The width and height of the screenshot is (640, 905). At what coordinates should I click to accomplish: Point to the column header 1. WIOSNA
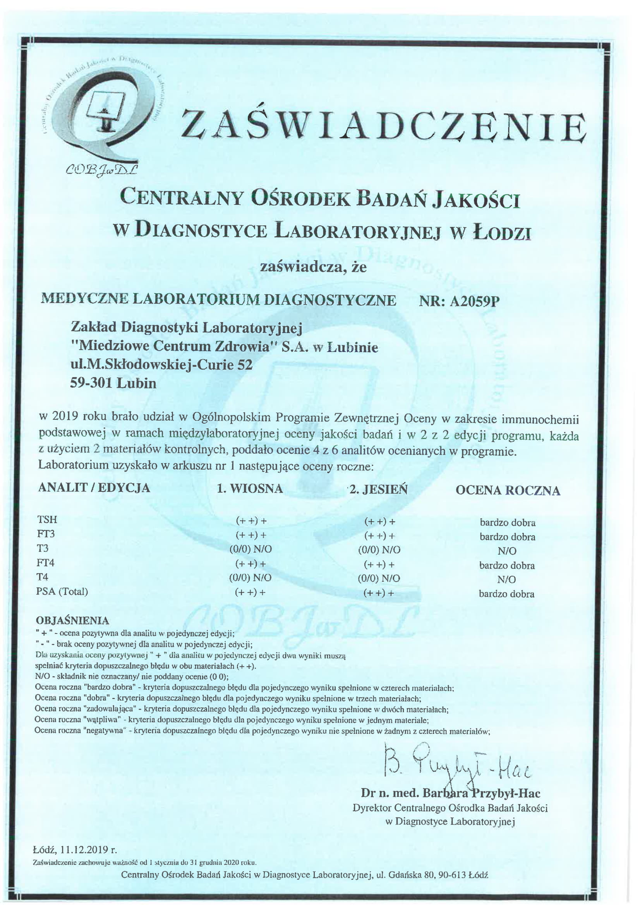click(250, 489)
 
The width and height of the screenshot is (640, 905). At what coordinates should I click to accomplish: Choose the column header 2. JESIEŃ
click(378, 489)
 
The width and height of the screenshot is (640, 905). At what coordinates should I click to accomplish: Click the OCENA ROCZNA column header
click(508, 490)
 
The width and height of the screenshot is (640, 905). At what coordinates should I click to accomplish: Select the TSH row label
click(47, 520)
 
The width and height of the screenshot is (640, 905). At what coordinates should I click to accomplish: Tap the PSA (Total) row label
click(62, 591)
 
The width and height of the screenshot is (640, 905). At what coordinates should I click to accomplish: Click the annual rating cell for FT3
click(507, 537)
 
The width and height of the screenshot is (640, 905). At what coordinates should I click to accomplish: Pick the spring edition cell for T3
click(251, 549)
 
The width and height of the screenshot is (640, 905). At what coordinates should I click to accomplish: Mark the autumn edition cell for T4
click(379, 578)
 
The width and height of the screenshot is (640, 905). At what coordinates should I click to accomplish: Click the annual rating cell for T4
click(506, 579)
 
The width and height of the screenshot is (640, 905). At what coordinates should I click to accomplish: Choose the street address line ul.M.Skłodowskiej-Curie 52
click(161, 365)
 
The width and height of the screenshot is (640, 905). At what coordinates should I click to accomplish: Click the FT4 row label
click(45, 562)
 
